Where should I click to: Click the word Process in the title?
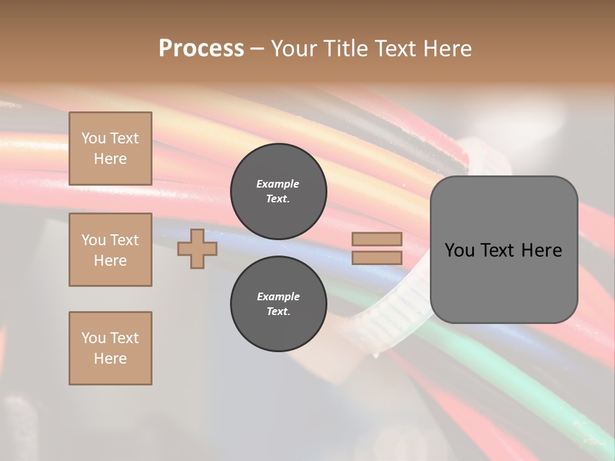coord(201,49)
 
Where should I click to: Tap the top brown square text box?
coord(110,149)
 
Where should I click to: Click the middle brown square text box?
coord(110,250)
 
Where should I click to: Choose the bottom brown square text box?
coord(110,348)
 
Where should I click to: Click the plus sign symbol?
coord(197,248)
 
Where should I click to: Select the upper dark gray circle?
coord(278,191)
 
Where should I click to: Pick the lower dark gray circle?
coord(278,304)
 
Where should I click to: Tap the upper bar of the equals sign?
coord(377,239)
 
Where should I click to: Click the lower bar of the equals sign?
coord(377,258)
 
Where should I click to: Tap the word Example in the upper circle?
coord(278,184)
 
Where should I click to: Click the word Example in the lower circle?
coord(278,296)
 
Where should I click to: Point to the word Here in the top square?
coord(110,159)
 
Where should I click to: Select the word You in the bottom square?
coord(93,338)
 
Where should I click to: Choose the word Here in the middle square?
coord(110,261)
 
